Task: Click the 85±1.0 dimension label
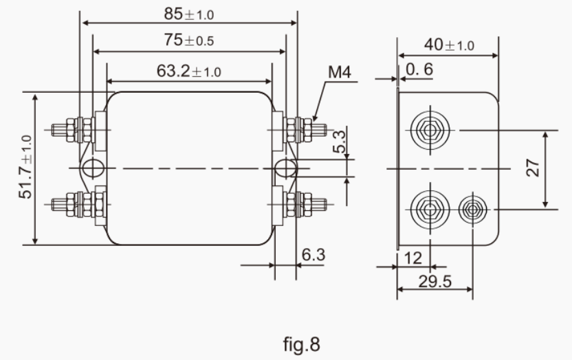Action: click(x=189, y=13)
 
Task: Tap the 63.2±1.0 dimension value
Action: click(x=189, y=70)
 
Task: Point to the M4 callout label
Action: click(x=340, y=71)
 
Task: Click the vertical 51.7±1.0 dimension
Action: click(x=25, y=168)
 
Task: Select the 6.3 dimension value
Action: click(x=313, y=255)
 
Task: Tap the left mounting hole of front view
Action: click(x=91, y=168)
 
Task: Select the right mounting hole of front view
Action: click(x=285, y=168)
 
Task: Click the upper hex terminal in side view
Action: click(x=430, y=128)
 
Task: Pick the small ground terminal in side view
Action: click(x=472, y=207)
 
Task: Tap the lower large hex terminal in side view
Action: click(x=430, y=207)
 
